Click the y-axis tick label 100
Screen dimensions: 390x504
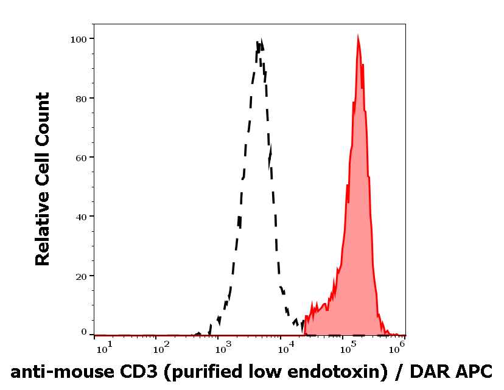(78, 39)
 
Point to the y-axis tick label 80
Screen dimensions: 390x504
(80, 98)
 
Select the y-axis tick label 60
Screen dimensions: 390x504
(80, 157)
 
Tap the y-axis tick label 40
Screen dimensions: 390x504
(80, 217)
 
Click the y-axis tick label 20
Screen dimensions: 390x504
(80, 276)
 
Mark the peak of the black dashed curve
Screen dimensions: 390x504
(260, 41)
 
